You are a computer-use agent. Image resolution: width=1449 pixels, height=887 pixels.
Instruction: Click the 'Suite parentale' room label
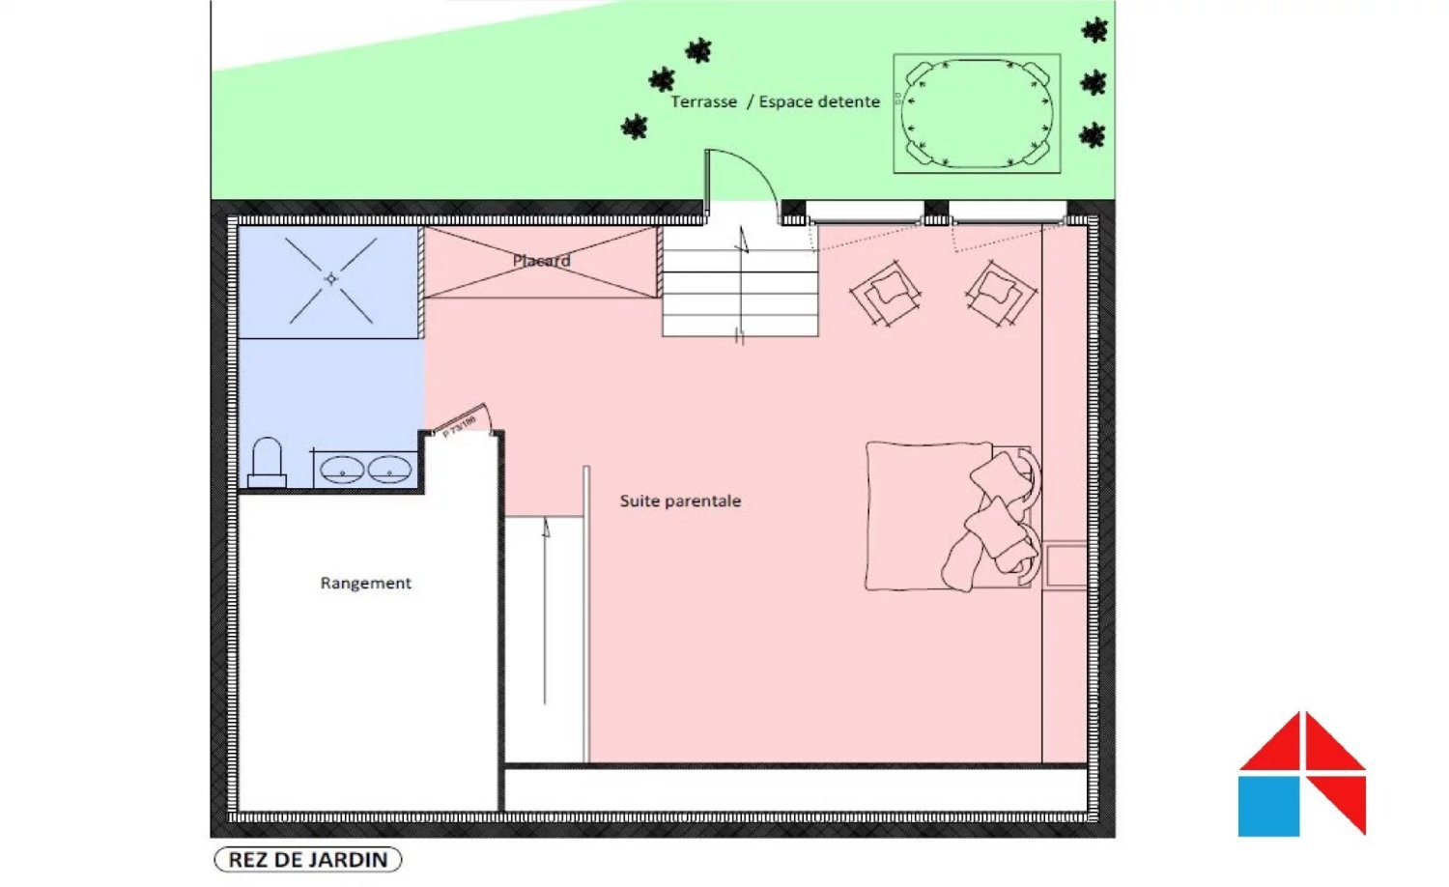680,501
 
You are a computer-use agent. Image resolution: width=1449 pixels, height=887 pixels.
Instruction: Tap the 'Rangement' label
365,583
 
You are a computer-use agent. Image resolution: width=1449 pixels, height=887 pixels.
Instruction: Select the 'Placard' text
541,261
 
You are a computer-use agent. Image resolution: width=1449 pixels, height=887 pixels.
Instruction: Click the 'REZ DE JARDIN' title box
307,859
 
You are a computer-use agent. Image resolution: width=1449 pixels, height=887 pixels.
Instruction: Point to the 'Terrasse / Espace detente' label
775,101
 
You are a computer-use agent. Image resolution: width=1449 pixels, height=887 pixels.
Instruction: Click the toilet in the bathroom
267,464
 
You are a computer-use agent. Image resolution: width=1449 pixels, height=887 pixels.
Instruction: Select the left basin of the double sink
341,471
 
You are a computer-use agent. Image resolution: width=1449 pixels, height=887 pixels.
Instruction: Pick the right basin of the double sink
389,471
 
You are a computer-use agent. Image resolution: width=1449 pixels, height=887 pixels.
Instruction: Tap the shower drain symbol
331,279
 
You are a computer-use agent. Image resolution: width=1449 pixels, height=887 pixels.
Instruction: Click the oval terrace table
976,113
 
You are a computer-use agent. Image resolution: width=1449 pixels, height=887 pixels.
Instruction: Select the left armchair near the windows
886,293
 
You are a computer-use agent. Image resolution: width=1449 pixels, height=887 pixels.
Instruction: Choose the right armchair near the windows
1001,292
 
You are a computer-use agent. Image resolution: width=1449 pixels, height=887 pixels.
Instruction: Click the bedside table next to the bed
1065,566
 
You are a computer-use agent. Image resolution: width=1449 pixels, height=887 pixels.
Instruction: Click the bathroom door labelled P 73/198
462,423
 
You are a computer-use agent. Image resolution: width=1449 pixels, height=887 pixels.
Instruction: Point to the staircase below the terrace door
740,281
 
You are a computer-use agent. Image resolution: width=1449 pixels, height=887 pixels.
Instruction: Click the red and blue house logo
1301,775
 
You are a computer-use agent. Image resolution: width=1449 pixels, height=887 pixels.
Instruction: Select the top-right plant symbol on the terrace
1094,31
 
